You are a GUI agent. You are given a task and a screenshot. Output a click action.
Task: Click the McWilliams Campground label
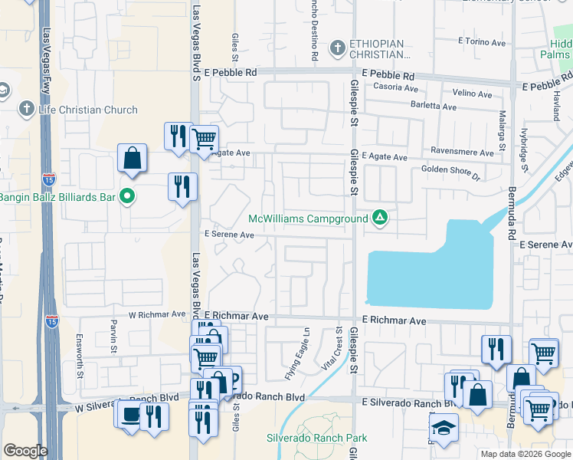[x=307, y=219]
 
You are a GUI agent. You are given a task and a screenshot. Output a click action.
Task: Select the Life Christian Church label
[x=87, y=110]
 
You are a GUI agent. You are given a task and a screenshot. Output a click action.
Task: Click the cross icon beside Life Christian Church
[x=26, y=109]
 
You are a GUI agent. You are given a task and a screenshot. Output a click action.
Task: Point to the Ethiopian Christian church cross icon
[x=337, y=49]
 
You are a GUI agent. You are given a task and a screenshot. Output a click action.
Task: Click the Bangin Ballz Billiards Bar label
[x=57, y=198]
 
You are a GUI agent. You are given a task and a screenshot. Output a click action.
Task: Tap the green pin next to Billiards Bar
[x=128, y=198]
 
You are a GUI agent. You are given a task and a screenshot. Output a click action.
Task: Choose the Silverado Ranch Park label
[x=316, y=439]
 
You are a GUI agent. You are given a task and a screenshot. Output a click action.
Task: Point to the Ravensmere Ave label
[x=462, y=152]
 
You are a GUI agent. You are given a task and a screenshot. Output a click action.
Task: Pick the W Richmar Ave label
[x=157, y=314]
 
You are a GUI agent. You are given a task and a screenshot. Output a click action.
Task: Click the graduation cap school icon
[x=443, y=429]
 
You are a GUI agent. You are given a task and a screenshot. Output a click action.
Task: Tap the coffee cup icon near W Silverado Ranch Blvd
[x=127, y=413]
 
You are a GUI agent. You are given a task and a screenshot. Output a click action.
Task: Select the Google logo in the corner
[x=25, y=451]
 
